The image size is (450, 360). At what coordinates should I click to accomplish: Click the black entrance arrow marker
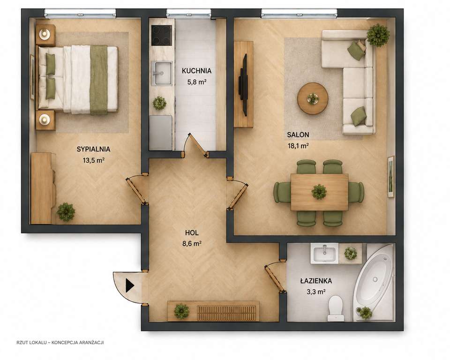click(x=130, y=285)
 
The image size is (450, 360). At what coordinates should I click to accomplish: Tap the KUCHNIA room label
click(x=196, y=71)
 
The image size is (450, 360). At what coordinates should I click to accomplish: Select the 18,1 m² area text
click(x=298, y=146)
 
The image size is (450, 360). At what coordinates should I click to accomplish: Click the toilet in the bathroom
click(x=336, y=308)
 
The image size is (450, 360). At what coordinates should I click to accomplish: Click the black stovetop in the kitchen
click(x=162, y=35)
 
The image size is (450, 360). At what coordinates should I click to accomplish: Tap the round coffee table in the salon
click(x=313, y=98)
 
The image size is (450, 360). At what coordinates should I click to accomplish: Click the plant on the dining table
click(x=319, y=191)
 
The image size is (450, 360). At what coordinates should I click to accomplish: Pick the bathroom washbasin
click(x=324, y=254)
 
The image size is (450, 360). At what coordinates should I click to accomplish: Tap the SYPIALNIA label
click(x=93, y=149)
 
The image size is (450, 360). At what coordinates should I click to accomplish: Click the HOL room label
click(x=192, y=232)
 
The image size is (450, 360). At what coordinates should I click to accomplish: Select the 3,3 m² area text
click(x=316, y=292)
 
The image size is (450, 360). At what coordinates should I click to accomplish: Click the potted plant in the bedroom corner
click(x=66, y=212)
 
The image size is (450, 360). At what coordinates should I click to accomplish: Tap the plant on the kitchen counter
click(x=159, y=103)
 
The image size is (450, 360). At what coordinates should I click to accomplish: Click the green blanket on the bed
click(x=99, y=80)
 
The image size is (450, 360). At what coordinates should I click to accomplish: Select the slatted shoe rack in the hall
click(x=226, y=313)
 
